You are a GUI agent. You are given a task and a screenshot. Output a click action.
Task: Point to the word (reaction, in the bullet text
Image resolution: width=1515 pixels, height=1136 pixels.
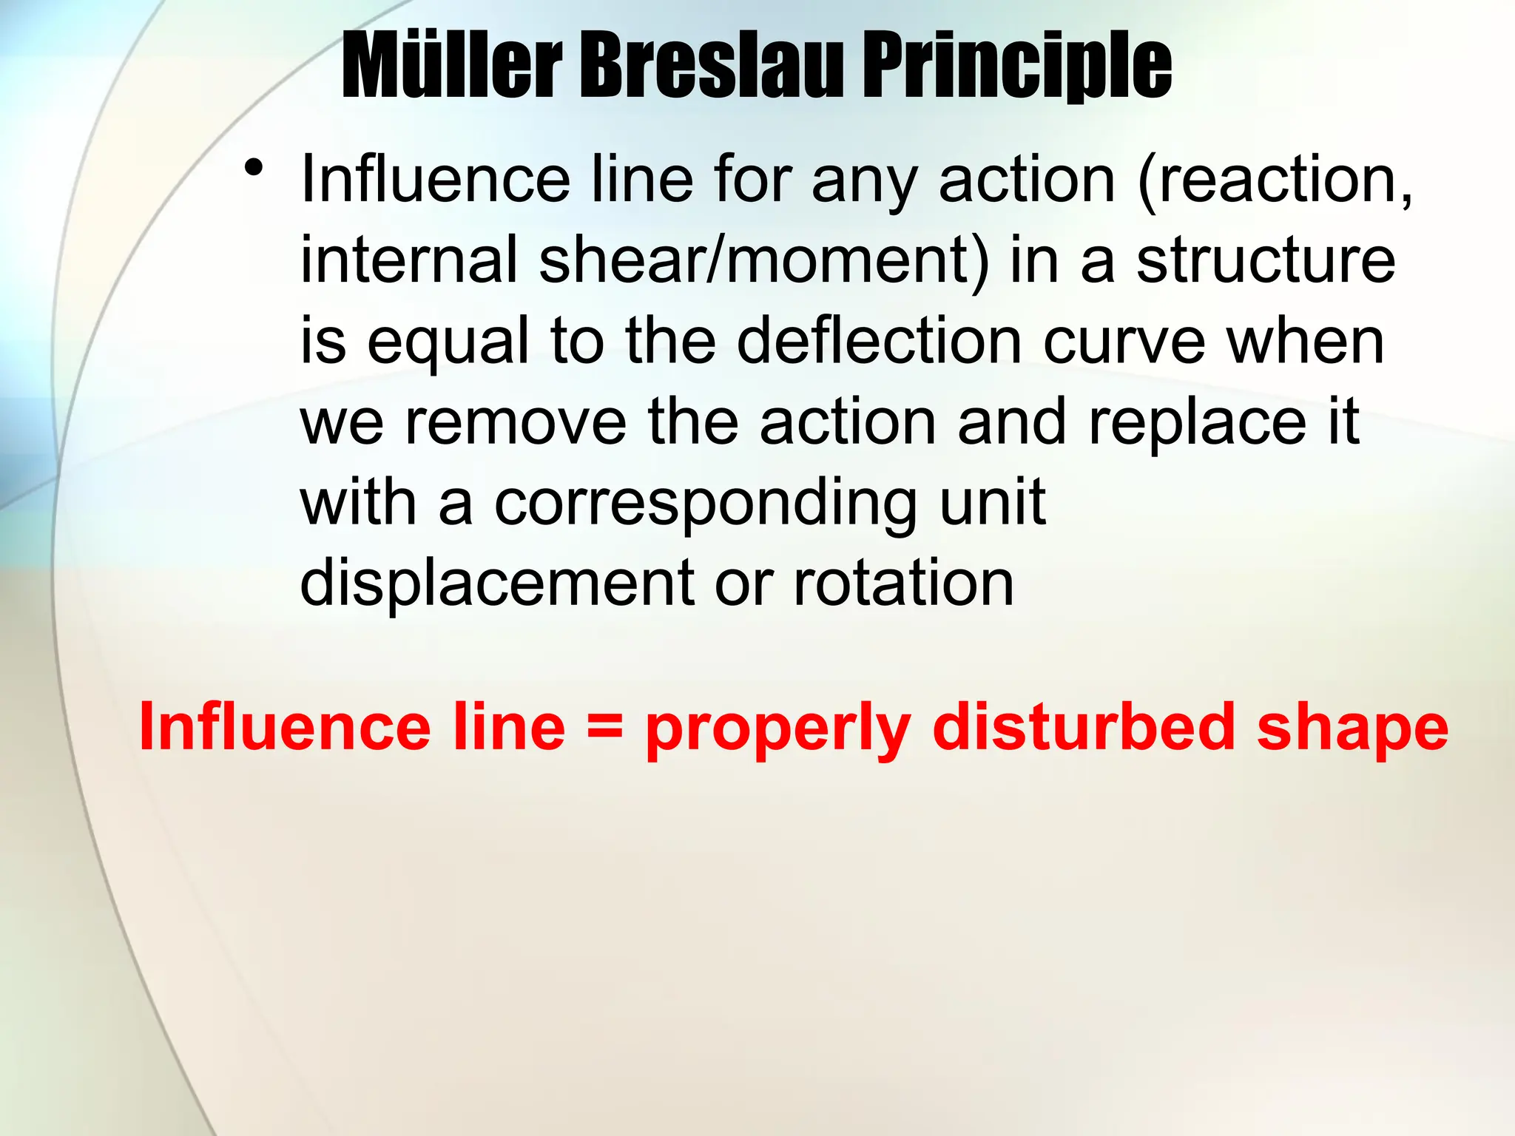[1275, 180]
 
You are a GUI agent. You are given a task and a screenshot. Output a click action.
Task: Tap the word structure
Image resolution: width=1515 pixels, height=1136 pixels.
[1266, 260]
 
